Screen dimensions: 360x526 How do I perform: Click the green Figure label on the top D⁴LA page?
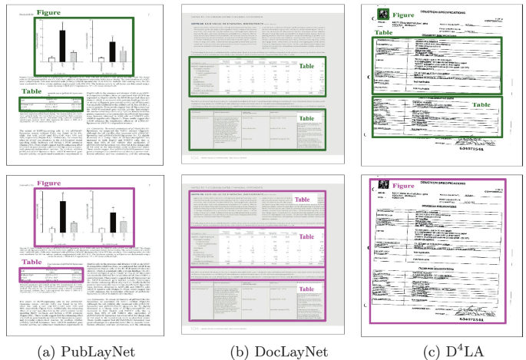404,15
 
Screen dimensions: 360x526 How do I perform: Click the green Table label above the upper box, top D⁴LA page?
386,33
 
